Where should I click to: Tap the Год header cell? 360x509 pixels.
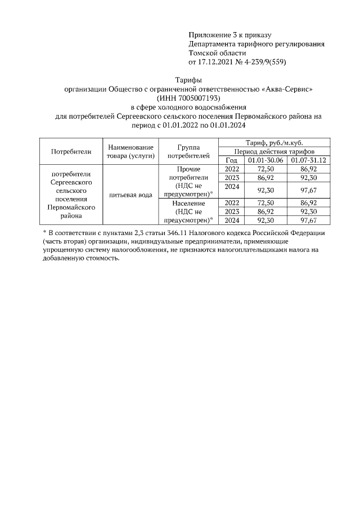tap(229, 160)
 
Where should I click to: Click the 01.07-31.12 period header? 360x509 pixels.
tap(308, 160)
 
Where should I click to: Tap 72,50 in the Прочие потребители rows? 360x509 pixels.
tap(265, 169)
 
